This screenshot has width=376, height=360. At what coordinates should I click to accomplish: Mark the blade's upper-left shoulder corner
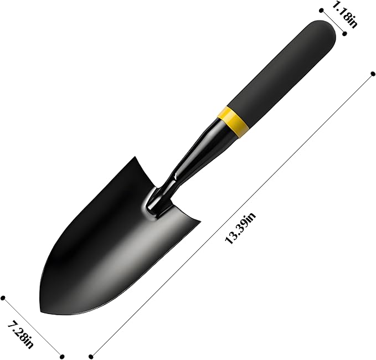(x=134, y=158)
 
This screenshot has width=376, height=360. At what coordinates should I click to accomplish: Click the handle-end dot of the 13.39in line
(x=371, y=72)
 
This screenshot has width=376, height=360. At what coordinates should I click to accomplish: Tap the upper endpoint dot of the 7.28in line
(x=3, y=298)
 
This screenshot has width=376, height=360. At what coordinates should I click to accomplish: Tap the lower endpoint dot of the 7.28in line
(x=62, y=356)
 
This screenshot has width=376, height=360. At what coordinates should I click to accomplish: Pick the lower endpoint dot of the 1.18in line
(x=345, y=33)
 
